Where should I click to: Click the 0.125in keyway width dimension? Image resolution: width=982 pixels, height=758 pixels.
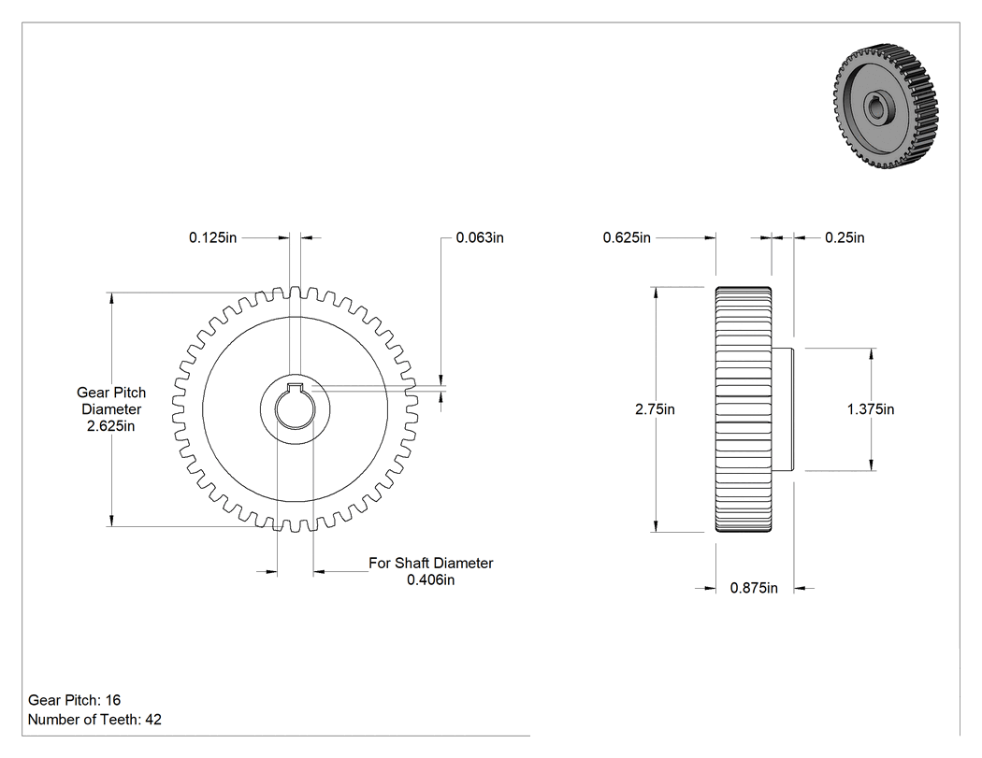coord(213,237)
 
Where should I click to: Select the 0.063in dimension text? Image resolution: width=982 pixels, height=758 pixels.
coord(480,237)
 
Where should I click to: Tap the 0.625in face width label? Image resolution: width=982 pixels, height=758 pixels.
coord(627,237)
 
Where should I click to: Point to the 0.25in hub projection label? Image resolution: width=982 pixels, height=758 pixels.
coord(845,237)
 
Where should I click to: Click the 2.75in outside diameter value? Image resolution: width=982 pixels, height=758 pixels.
coord(655,409)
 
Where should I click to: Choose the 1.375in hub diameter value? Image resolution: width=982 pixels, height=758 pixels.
coord(871,409)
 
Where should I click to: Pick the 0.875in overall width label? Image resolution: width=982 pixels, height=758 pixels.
coord(754,589)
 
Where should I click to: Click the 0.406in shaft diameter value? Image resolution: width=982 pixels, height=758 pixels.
coord(431,580)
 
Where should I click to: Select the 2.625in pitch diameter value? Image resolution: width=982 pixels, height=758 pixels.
coord(111,426)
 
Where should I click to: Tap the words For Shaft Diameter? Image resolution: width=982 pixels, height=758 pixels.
coord(431,564)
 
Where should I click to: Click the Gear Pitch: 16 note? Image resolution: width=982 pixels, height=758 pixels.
coord(75,700)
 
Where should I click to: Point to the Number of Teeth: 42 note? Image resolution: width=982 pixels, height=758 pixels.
coord(94,720)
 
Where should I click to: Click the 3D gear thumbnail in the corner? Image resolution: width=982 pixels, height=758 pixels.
coord(886,107)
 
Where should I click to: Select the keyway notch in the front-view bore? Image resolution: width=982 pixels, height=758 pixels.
coord(295,386)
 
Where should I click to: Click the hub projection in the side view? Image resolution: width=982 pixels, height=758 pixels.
coord(783,409)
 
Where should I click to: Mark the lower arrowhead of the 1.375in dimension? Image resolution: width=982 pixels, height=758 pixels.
coord(872,464)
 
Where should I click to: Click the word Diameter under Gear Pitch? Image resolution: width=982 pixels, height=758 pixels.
coord(111,409)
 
